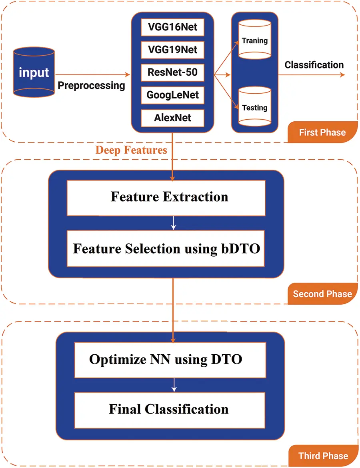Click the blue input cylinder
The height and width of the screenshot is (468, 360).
[34, 72]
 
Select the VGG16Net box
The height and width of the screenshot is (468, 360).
[172, 28]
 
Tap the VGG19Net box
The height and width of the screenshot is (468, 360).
[172, 50]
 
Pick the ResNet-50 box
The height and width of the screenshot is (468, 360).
[172, 73]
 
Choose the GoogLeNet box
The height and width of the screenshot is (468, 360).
[172, 95]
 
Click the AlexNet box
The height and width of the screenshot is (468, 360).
[172, 118]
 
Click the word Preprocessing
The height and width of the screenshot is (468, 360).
[92, 86]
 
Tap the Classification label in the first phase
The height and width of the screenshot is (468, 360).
[314, 65]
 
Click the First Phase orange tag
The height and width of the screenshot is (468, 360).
[322, 132]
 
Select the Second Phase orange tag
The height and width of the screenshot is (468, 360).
[322, 294]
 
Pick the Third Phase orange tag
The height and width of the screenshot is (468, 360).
[323, 456]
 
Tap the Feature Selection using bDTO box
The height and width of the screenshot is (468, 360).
[166, 249]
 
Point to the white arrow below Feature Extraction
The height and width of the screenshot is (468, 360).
[173, 223]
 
